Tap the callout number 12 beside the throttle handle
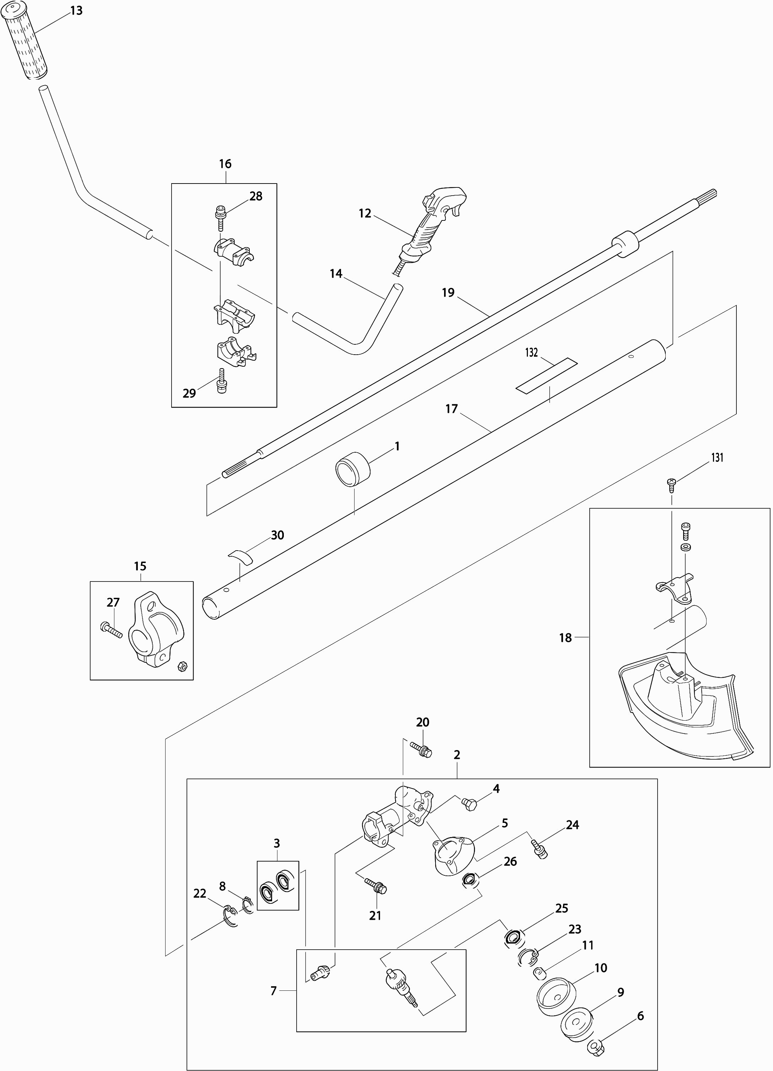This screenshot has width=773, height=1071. (x=365, y=213)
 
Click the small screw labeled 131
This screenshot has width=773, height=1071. (x=671, y=482)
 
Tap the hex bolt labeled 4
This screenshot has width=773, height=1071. (x=471, y=803)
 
